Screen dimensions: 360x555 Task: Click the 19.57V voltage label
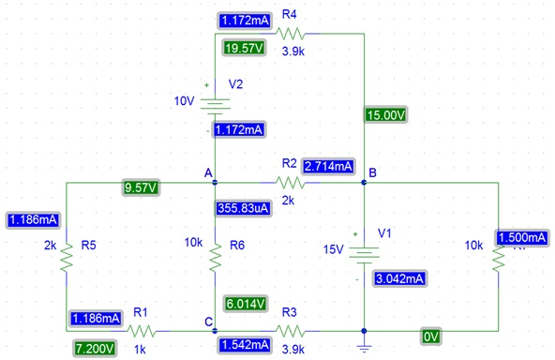click(245, 48)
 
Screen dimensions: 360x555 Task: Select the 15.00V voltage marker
click(385, 115)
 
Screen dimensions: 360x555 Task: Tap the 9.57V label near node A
click(141, 187)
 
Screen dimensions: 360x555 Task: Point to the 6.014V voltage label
click(246, 303)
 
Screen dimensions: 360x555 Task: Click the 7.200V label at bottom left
click(94, 348)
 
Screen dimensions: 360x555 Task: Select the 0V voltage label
click(430, 336)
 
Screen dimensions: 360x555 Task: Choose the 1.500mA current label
click(523, 238)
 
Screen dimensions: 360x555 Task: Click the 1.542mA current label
click(245, 346)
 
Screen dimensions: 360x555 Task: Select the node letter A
click(208, 172)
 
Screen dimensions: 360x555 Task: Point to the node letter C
click(208, 322)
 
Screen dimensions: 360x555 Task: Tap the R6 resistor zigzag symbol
click(216, 252)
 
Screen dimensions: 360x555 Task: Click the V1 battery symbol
click(363, 252)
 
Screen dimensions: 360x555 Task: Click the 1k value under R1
click(140, 349)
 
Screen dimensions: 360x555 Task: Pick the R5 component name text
click(88, 246)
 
